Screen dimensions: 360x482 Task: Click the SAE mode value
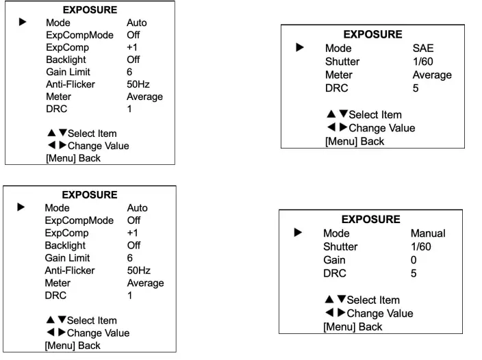click(422, 49)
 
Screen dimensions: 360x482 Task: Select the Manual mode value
click(427, 233)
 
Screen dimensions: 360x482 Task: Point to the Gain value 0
click(414, 260)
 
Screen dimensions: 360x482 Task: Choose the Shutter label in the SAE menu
click(342, 62)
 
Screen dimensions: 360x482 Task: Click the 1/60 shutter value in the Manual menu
click(422, 246)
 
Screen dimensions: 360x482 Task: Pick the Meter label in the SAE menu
click(339, 75)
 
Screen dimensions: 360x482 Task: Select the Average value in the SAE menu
click(432, 75)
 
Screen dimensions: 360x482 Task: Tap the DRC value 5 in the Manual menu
click(414, 274)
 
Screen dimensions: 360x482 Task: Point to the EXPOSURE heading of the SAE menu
click(372, 34)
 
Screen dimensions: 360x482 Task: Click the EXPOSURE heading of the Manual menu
click(370, 220)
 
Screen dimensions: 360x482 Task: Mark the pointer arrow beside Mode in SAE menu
click(299, 49)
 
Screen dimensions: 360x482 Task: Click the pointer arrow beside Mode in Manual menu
click(297, 233)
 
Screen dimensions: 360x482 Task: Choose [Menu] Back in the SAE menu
click(355, 142)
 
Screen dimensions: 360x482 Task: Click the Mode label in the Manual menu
click(336, 233)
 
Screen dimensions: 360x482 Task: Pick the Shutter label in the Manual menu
click(340, 246)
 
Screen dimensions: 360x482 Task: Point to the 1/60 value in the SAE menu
click(424, 62)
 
